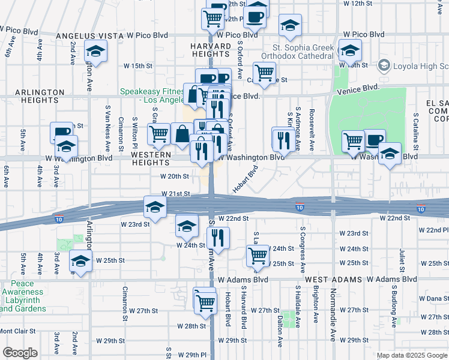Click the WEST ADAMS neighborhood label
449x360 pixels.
coord(333,280)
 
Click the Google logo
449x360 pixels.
coord(20,353)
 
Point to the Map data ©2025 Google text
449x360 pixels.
coord(412,355)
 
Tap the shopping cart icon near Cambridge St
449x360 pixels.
coord(264,73)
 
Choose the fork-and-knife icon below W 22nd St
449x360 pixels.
coord(218,238)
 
